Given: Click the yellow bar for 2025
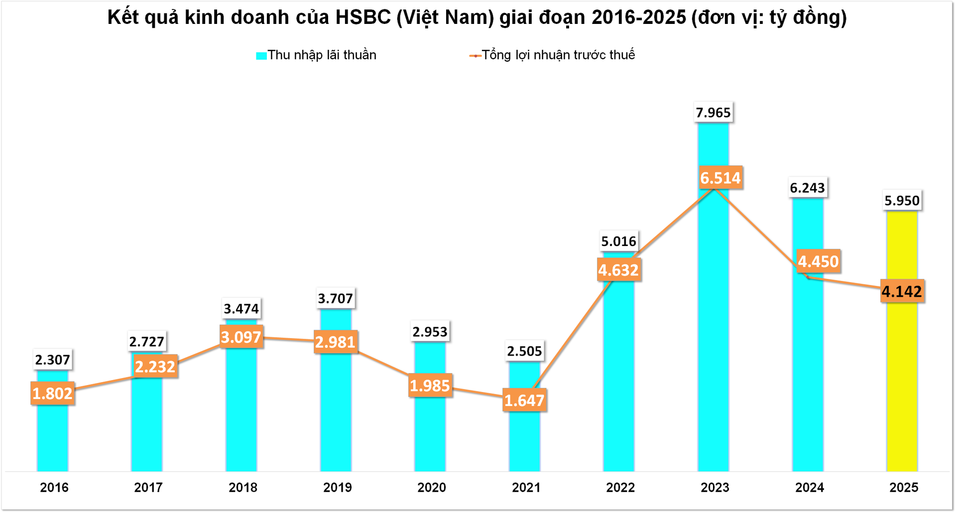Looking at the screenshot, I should coord(902,379).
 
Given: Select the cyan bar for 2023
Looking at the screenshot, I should coord(713,324).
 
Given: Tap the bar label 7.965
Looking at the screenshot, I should coord(713,113).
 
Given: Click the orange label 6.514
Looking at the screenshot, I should coord(720,178).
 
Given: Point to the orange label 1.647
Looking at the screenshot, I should coord(524,400).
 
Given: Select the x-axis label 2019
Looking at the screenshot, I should coord(337,488).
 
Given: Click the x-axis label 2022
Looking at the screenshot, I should coord(620,488).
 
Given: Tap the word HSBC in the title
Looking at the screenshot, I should coord(363,17).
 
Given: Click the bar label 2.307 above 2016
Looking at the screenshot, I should coord(52,360).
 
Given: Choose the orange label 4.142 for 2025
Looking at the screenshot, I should coord(902,291).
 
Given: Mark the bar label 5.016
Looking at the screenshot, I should coord(618,242).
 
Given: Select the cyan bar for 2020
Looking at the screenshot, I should coord(430,433).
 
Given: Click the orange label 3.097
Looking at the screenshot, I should coord(241,337).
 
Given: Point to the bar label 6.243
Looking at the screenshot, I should coord(807,188).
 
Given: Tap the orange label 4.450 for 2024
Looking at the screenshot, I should coord(818,261).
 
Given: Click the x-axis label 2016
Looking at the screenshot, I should coord(54,488).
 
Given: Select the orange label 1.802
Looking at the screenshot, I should coord(52,393).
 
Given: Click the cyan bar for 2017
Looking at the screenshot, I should coord(147,428).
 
